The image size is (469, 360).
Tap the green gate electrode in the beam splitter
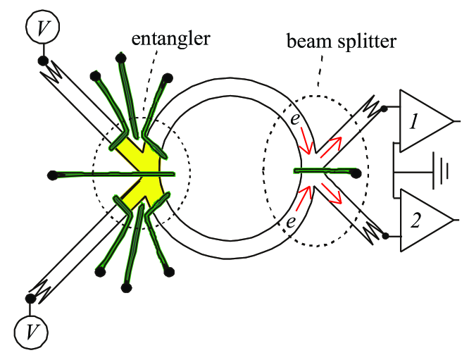[x=324, y=170]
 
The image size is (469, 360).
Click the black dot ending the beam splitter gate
[x=356, y=172]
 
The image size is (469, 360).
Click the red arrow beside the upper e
[x=306, y=144]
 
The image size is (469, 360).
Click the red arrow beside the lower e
[x=303, y=200]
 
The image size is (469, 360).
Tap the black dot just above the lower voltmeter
[x=30, y=299]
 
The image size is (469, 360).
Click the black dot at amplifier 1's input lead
[x=383, y=108]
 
